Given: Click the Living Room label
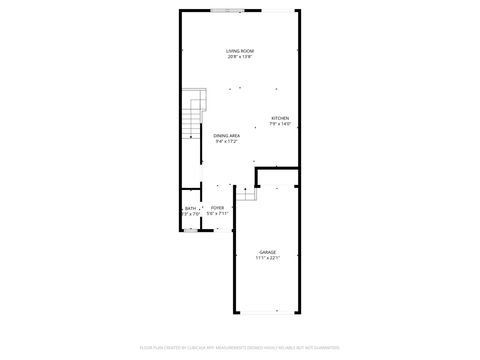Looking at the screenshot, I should coord(239,50).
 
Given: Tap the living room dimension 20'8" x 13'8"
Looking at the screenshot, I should coord(239,57).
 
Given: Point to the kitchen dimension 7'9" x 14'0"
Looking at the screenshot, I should coord(280,124).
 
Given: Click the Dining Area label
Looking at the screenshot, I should coord(226,135).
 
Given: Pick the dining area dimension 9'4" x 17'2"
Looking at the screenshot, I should coord(226,141).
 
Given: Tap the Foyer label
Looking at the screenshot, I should coord(217,207).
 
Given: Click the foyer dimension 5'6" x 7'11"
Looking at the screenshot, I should coord(217,213).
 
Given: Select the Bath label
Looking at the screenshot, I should coord(190,207).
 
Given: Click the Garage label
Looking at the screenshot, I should coord(267,251).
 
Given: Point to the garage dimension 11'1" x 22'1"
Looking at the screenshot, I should coord(267,258).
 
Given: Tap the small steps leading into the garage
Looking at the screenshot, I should coord(246,192).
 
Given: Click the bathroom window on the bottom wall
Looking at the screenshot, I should coord(190,230).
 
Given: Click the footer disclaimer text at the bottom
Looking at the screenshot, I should coord(240,348).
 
